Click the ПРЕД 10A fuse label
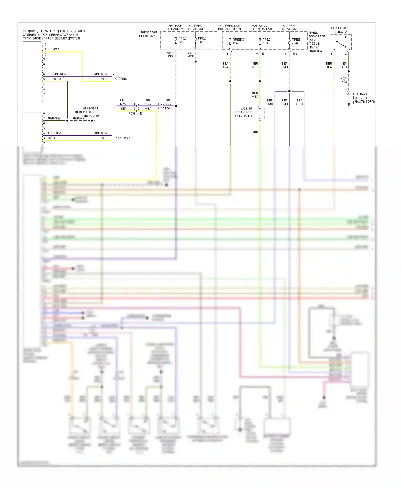182,40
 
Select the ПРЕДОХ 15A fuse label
238,41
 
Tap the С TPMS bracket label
121,79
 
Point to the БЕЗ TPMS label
123,138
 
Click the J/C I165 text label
246,109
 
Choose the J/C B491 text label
361,94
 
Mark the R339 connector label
132,113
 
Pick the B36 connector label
167,109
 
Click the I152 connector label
294,54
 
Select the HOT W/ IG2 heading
259,26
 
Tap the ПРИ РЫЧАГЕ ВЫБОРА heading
341,30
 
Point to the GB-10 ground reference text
94,116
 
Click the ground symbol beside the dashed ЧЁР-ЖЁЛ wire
93,121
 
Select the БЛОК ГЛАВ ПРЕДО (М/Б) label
149,34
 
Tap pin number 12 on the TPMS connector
45,45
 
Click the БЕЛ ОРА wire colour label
329,65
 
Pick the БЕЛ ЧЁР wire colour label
190,54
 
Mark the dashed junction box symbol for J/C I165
260,113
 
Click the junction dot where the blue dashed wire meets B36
176,106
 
